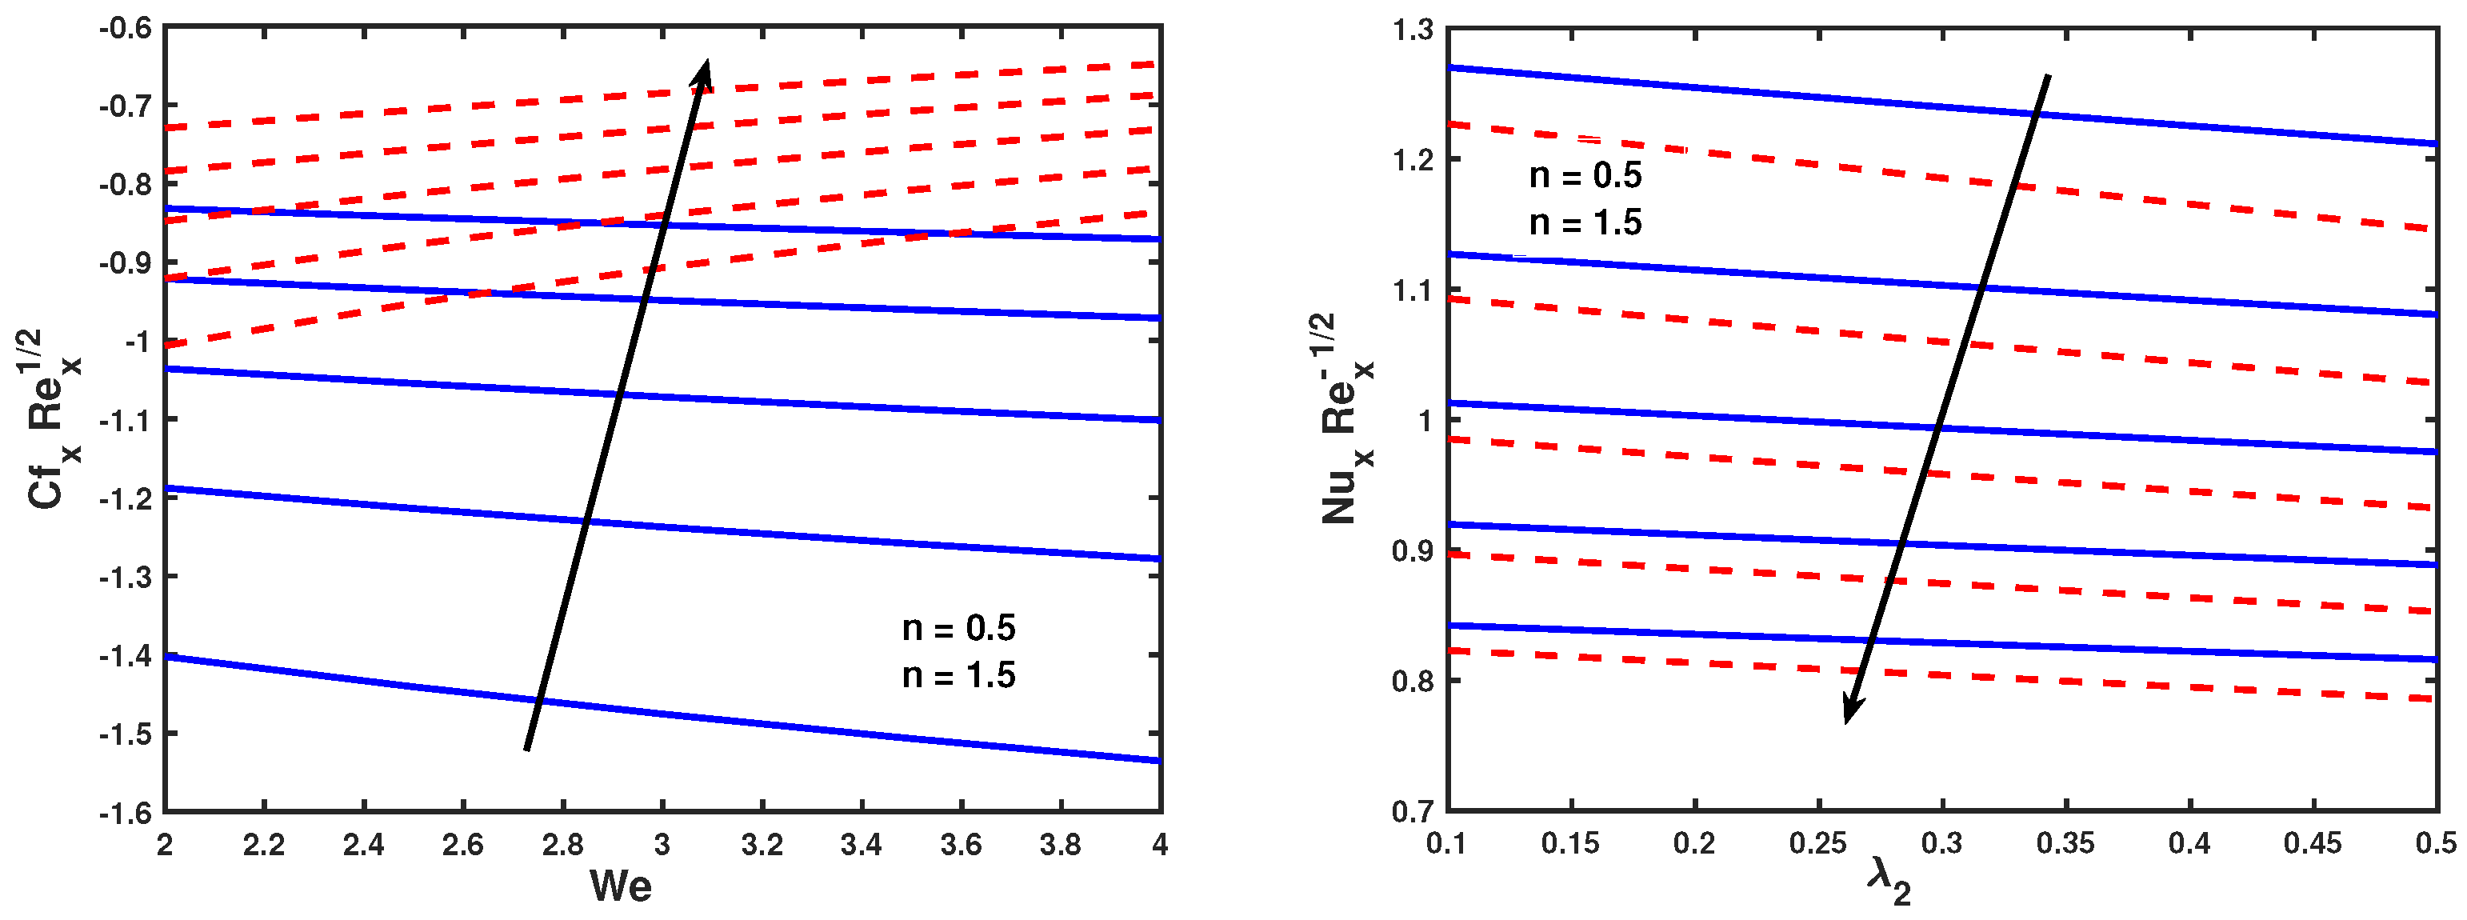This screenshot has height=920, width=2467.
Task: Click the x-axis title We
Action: coord(621,886)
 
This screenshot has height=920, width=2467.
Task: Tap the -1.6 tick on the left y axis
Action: coord(126,813)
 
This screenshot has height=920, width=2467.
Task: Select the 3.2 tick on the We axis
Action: coord(762,844)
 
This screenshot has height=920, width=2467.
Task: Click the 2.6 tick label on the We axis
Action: coord(462,844)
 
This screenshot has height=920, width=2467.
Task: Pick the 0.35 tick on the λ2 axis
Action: coord(2065,843)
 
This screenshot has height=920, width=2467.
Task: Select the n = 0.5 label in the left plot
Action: coord(958,629)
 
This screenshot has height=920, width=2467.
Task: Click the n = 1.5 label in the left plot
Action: coord(958,676)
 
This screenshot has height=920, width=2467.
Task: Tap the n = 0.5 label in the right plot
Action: coord(1585,176)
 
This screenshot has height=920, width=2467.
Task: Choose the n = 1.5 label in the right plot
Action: coord(1585,223)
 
